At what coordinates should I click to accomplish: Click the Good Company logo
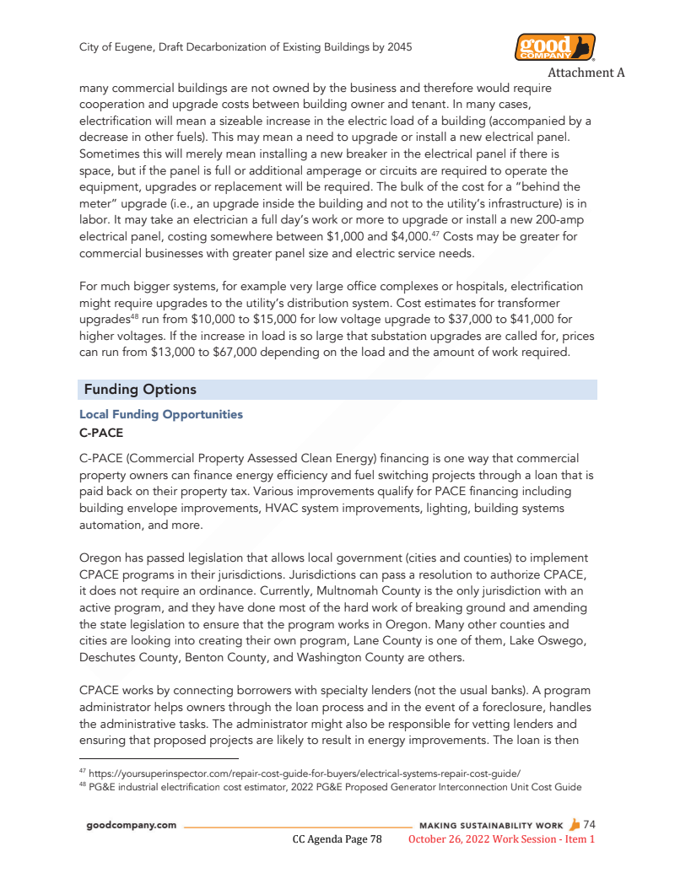coord(554,47)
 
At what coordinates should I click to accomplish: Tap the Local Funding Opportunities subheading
coord(160,414)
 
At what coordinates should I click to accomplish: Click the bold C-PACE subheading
coord(100,433)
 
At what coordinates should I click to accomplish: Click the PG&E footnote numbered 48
coord(329,787)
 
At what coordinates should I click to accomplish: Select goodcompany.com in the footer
coord(132,825)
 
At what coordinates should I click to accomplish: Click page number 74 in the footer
coord(590,824)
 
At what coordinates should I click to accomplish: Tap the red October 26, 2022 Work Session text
coord(501,839)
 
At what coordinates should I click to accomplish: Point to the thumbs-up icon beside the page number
coord(575,824)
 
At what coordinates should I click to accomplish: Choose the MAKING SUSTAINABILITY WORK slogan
coord(490,825)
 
